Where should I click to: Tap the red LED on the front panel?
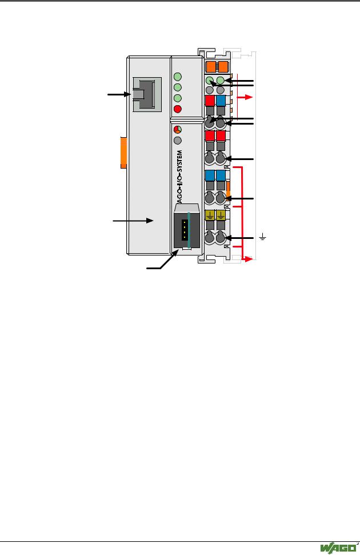(178, 109)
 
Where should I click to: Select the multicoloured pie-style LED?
(178, 129)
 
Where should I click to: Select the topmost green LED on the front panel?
(178, 77)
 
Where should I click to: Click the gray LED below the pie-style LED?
(178, 140)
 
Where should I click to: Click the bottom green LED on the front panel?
(178, 98)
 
